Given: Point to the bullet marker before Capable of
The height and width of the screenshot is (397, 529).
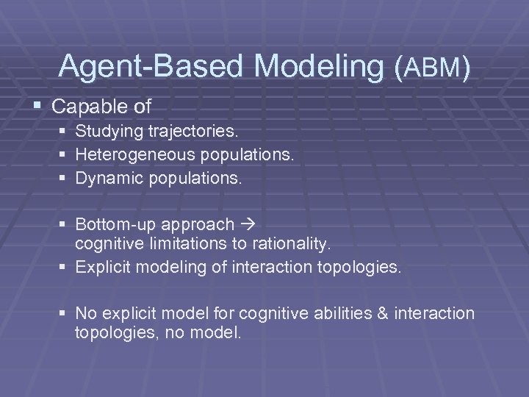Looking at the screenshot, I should (37, 107).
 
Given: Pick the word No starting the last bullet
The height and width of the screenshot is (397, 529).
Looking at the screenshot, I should (85, 314).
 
